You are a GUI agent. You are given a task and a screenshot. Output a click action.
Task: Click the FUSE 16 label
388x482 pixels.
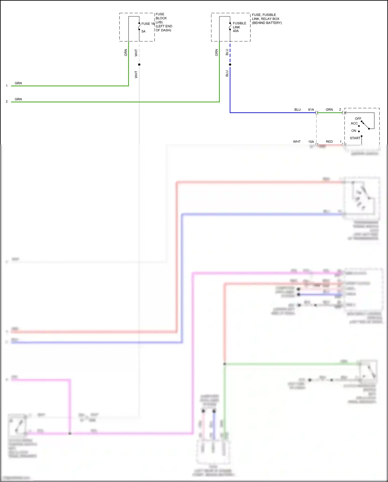pos(148,24)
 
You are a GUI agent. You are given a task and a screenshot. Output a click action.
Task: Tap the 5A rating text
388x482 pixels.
pos(143,31)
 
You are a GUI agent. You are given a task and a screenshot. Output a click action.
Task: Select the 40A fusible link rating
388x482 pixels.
pos(236,31)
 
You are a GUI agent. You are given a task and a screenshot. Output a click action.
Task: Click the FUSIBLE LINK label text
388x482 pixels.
pos(239,25)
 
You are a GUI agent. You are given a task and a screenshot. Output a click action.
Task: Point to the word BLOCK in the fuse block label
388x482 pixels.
pos(161,18)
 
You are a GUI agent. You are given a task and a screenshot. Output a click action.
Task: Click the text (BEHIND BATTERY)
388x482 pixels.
pos(267,23)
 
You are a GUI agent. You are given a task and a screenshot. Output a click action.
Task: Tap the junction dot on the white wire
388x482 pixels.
pos(139,64)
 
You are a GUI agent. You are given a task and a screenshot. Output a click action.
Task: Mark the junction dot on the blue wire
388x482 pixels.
pos(230,64)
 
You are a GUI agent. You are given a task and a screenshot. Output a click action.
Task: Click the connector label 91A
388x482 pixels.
pos(311,110)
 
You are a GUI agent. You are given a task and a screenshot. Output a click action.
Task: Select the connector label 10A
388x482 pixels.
pos(311,142)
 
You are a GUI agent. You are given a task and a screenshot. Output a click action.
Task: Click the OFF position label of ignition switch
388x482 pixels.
pos(358,119)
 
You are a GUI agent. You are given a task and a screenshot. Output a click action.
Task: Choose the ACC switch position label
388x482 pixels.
pos(354,123)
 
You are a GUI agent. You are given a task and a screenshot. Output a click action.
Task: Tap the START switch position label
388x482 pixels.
pos(355,138)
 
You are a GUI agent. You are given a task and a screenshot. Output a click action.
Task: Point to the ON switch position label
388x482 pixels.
pos(354,131)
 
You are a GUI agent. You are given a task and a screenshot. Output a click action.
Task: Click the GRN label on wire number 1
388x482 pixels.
pos(18,83)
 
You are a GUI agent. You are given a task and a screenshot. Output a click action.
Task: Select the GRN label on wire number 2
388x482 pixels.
pos(18,99)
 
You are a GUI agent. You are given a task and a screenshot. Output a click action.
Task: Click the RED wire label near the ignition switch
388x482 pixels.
pos(329,142)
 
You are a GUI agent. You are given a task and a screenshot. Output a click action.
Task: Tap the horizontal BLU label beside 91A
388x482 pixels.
pos(297,110)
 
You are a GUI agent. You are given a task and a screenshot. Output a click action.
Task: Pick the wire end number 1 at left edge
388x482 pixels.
pos(7,86)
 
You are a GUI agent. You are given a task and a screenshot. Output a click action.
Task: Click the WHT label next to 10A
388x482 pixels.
pos(297,142)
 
